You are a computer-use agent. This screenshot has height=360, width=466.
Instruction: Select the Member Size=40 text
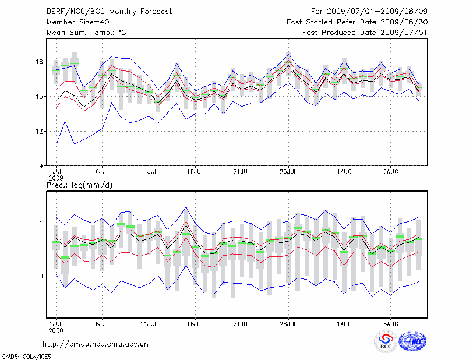(x=74, y=22)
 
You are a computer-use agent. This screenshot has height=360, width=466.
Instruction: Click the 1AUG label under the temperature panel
(x=344, y=172)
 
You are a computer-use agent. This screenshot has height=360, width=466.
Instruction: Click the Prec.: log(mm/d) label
(x=79, y=185)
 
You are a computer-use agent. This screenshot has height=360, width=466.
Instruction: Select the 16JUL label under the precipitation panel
(x=195, y=323)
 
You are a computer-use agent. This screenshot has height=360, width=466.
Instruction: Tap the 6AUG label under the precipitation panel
(x=390, y=323)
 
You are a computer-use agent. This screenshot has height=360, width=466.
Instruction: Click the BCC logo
(x=386, y=341)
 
